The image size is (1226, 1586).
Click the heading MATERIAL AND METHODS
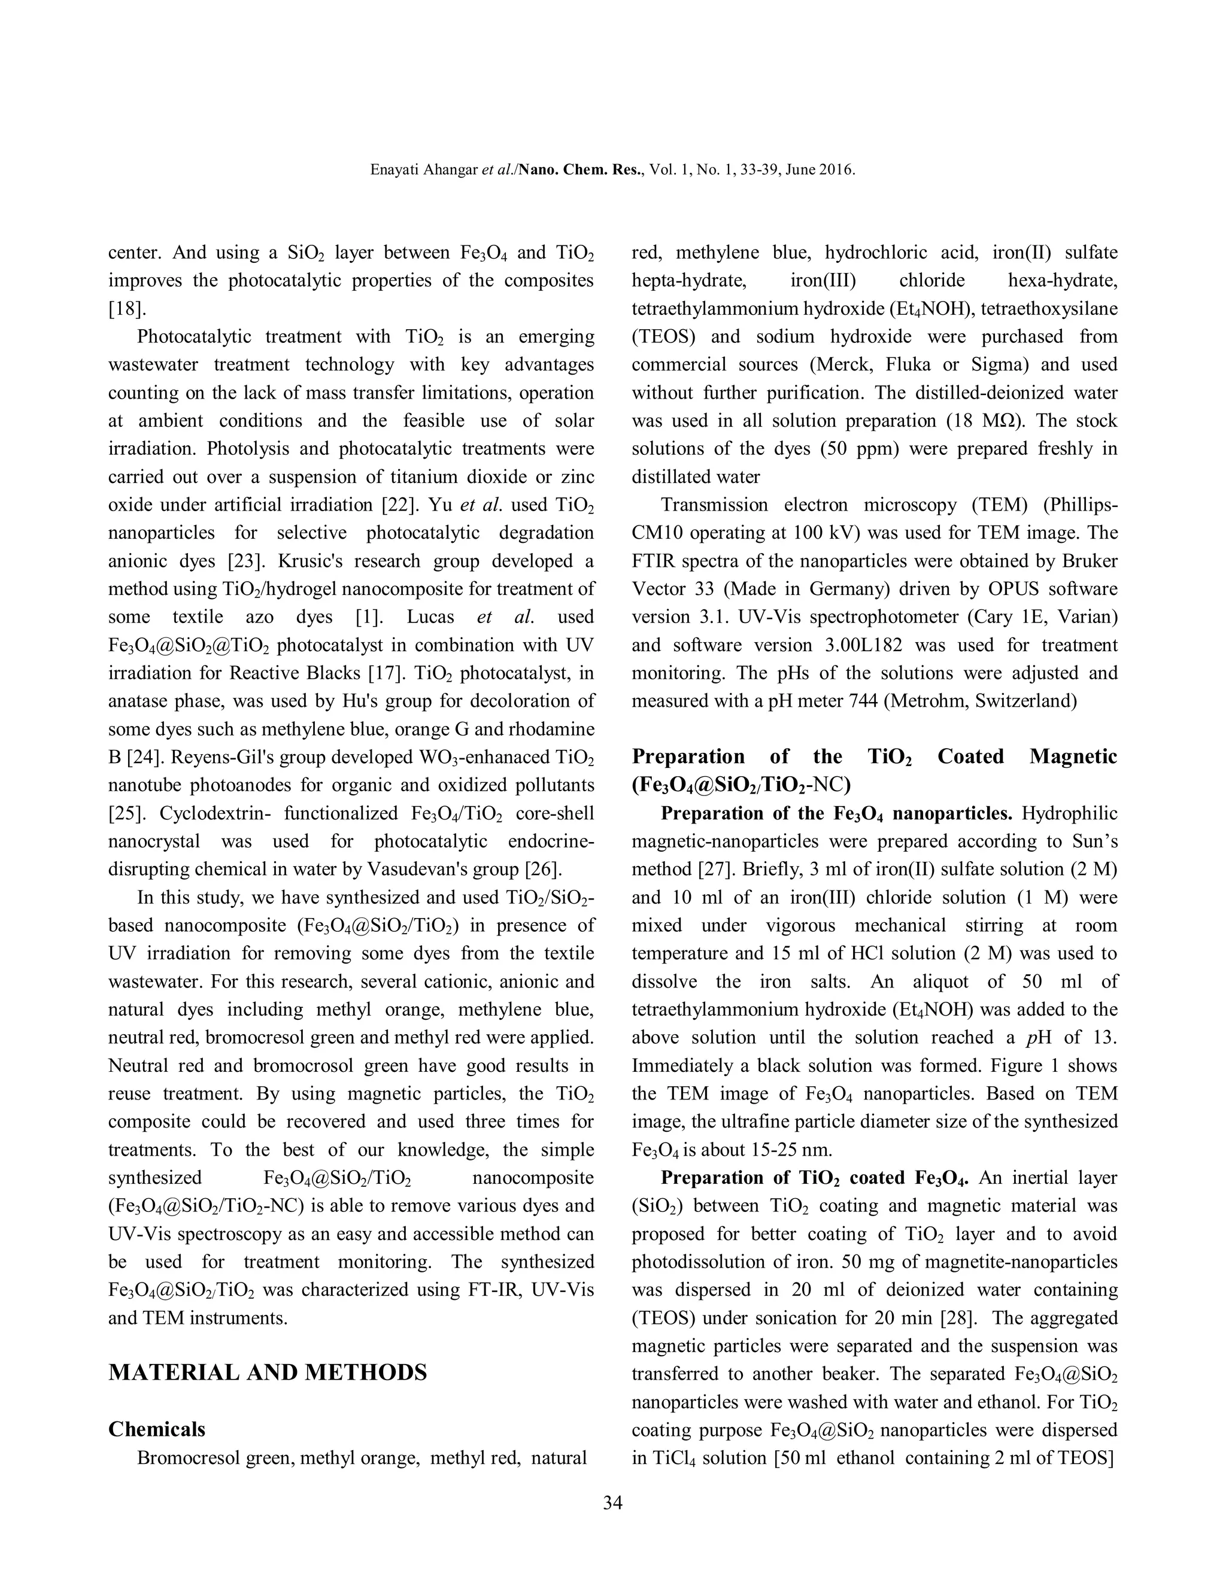(x=267, y=1372)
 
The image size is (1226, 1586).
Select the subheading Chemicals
(x=157, y=1429)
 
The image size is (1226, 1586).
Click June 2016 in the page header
(x=825, y=170)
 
